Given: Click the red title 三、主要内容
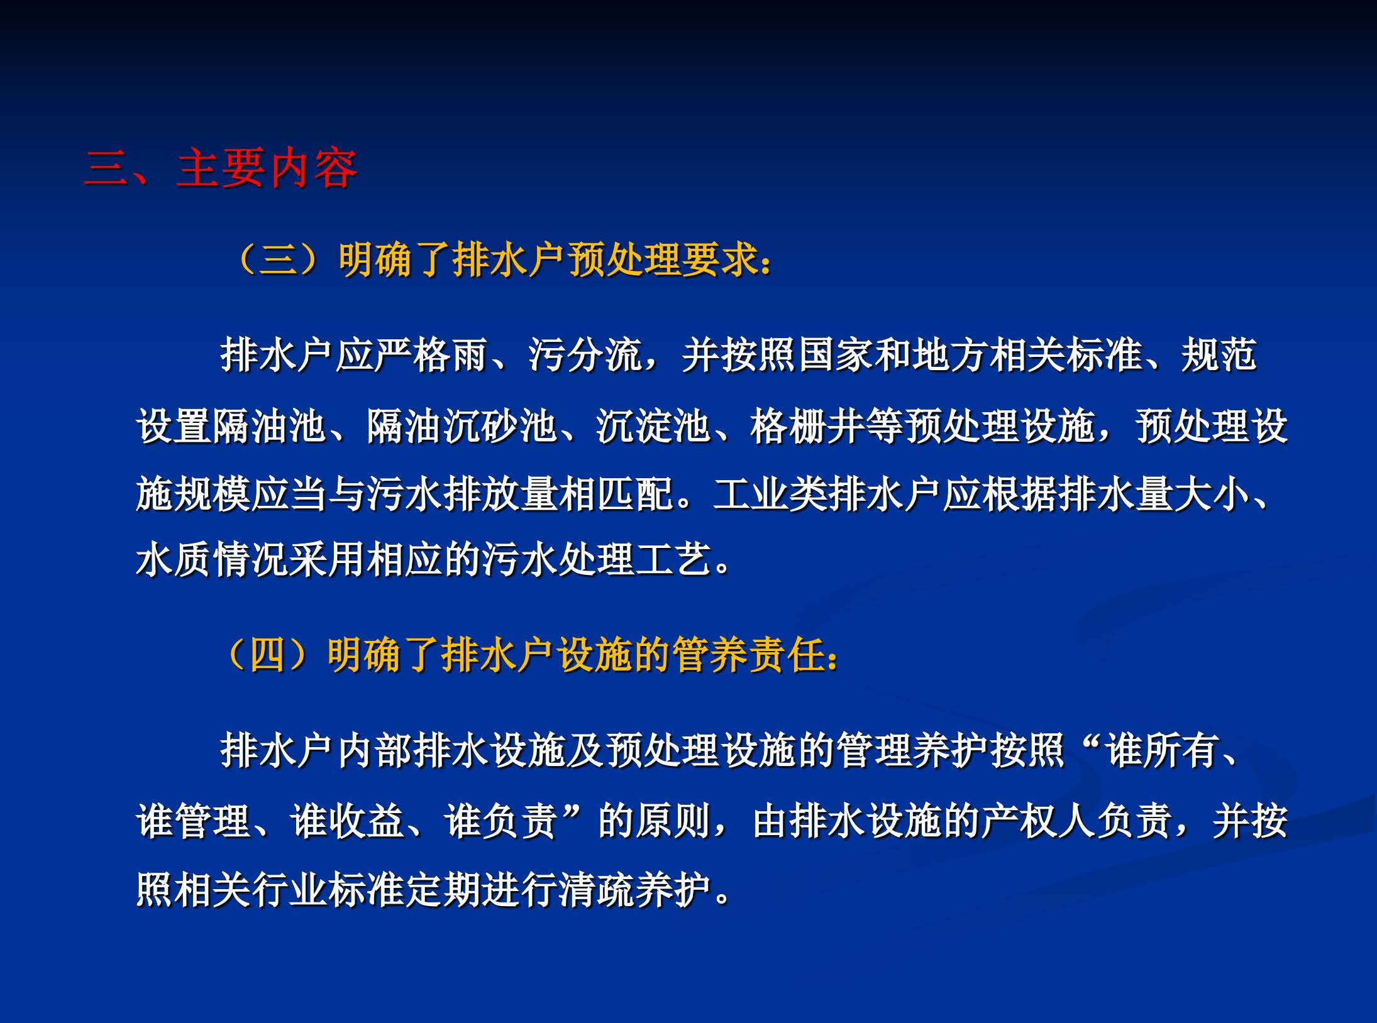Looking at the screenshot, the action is pos(221,168).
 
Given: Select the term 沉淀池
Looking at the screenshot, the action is pos(653,426).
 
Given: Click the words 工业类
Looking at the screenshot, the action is pos(770,495).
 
